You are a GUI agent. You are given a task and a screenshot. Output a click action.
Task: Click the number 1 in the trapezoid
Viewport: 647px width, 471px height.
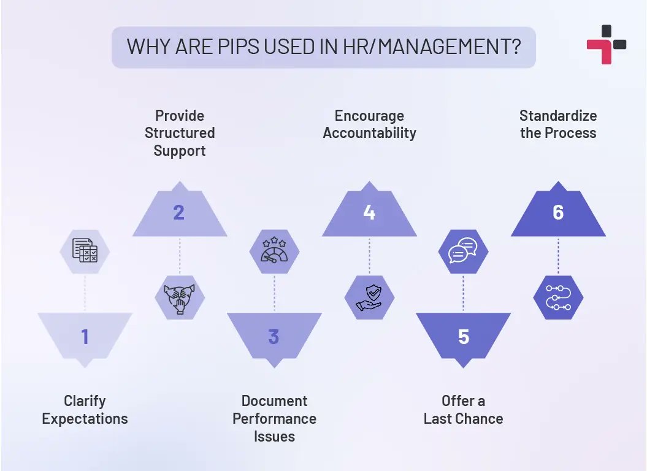tap(85, 337)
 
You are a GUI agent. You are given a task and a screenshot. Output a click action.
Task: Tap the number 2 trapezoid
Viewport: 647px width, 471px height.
tap(179, 212)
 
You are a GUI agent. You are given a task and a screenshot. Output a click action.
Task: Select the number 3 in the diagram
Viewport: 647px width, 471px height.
tap(274, 337)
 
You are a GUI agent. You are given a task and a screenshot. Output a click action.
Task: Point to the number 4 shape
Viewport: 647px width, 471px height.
tap(369, 212)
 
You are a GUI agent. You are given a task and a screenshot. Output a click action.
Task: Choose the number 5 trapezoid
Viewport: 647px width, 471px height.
tap(463, 337)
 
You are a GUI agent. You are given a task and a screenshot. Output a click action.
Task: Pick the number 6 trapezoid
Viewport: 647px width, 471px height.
tap(557, 212)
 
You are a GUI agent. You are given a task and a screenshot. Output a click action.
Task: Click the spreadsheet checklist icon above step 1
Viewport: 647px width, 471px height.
tap(85, 250)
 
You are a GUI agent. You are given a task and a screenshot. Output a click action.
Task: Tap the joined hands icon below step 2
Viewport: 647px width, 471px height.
tap(180, 297)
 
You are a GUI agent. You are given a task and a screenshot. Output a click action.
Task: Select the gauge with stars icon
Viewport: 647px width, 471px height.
tap(274, 250)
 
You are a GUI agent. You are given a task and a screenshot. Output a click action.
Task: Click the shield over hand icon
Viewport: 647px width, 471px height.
tap(369, 297)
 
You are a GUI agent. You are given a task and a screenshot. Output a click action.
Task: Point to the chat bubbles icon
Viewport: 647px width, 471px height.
tap(463, 250)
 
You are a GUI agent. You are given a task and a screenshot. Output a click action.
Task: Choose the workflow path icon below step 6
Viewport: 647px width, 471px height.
tap(558, 297)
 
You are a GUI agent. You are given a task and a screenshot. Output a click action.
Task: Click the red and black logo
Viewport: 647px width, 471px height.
tap(606, 44)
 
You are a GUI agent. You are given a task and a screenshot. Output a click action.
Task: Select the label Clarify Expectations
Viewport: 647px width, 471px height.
tap(85, 410)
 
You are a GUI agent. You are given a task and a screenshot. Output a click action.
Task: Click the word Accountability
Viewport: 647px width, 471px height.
tap(369, 132)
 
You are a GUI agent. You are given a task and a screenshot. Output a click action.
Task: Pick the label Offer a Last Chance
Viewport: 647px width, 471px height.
tap(463, 410)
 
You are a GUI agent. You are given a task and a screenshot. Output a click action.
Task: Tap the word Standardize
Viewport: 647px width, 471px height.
tap(558, 115)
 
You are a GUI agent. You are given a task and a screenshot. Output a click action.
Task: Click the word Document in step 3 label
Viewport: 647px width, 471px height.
tap(274, 401)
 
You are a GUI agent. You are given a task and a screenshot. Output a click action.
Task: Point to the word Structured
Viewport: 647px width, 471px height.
tap(180, 132)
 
